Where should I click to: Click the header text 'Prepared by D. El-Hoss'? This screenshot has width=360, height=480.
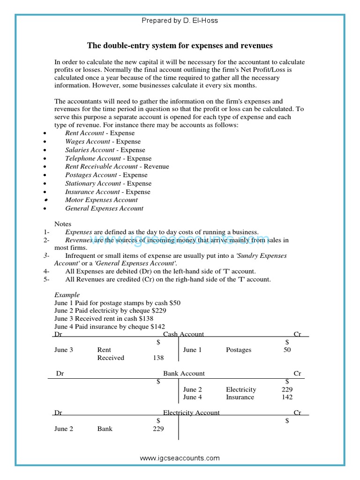(x=180, y=21)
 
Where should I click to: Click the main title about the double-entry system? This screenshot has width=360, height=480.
(x=180, y=45)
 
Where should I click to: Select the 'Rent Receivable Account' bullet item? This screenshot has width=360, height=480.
(x=117, y=166)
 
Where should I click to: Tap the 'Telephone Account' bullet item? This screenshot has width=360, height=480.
(x=108, y=158)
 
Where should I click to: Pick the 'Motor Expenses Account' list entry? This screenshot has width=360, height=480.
(x=101, y=200)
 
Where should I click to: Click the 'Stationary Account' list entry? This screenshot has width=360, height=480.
(x=108, y=183)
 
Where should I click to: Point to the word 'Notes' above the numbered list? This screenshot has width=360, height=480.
(x=63, y=224)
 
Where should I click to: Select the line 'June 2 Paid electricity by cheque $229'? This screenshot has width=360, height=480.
(x=110, y=310)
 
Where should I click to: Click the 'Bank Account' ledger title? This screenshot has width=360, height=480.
(x=184, y=374)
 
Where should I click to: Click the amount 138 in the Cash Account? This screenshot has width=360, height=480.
(x=158, y=358)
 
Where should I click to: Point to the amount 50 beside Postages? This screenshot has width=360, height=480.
(x=287, y=350)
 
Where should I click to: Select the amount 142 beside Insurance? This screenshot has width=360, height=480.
(x=287, y=397)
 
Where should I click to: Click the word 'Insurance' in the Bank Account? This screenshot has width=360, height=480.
(x=240, y=397)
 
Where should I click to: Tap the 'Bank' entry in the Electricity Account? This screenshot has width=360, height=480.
(x=105, y=428)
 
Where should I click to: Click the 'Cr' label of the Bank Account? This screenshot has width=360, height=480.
(x=297, y=374)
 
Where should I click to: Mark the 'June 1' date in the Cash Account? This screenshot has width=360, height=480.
(x=192, y=350)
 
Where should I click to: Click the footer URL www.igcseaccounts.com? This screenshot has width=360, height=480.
(x=180, y=458)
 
